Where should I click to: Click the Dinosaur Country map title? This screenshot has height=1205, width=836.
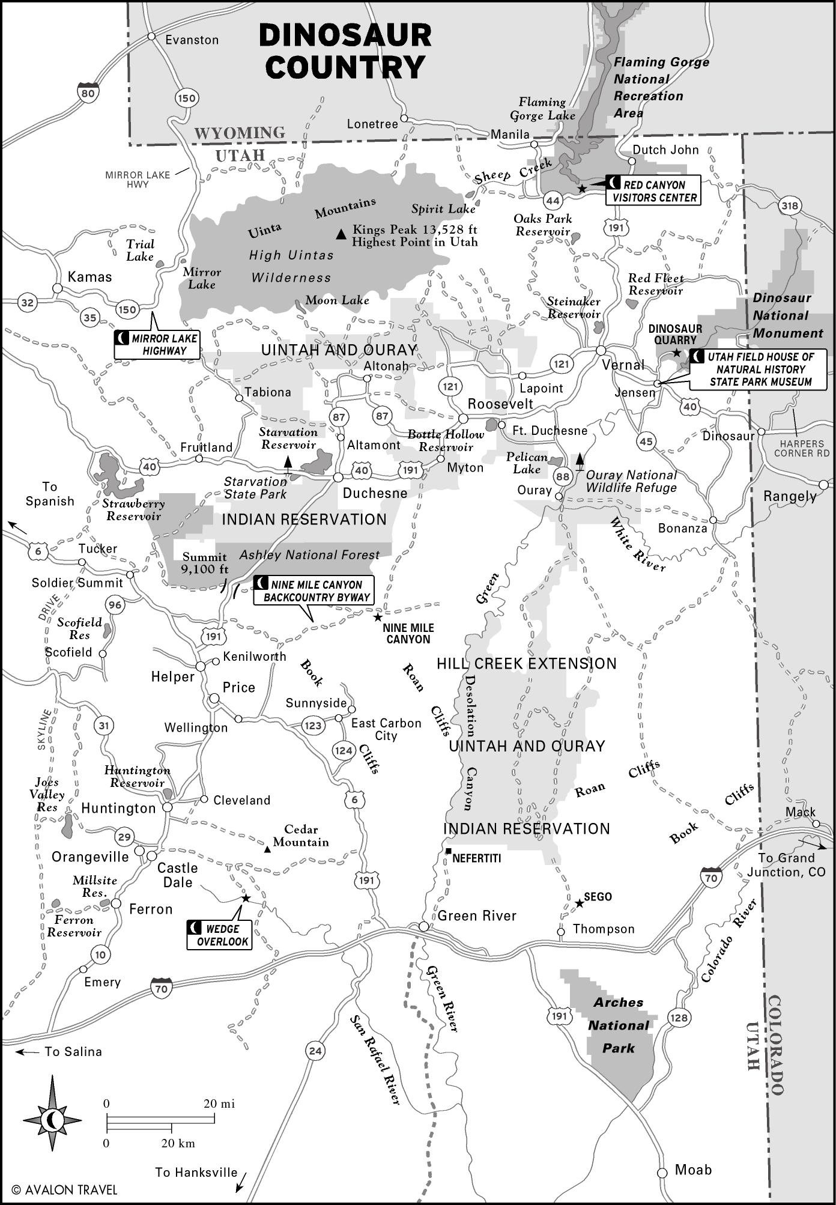(345, 52)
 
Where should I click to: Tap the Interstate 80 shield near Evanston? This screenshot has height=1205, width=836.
(88, 93)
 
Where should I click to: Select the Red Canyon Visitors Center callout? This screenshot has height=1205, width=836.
(653, 191)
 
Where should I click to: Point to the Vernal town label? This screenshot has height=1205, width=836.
(623, 365)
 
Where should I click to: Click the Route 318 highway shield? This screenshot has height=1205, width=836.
(790, 206)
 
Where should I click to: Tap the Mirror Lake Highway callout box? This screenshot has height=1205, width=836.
(157, 345)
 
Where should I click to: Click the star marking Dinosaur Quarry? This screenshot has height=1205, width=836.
(677, 353)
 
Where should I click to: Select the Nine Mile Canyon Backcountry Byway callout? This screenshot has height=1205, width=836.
(313, 590)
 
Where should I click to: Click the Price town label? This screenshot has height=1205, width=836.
(238, 688)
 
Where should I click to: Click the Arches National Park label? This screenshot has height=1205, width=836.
(619, 1025)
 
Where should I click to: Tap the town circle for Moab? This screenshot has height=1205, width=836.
(662, 1173)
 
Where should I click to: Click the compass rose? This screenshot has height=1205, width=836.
(53, 1120)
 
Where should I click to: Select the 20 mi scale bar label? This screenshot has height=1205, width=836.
(219, 1103)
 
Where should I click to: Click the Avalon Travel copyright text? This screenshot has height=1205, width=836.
(64, 1190)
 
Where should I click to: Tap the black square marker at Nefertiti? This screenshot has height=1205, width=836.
(449, 851)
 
